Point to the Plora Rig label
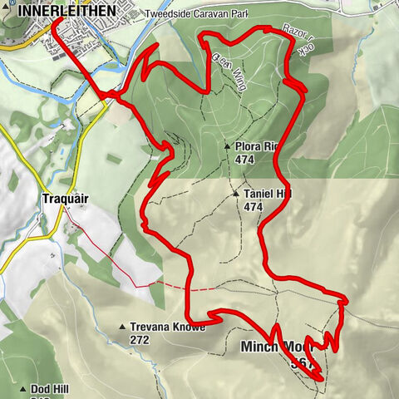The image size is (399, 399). click(255, 146)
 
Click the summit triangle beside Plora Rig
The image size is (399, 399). click(227, 146)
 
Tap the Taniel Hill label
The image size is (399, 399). click(268, 195)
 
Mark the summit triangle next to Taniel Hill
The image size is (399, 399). click(236, 195)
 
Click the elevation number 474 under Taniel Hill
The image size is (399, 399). click(254, 207)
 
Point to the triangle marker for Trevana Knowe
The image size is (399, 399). click(123, 327)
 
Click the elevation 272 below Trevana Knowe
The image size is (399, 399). click(140, 339)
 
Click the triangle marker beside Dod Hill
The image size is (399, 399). click(23, 388)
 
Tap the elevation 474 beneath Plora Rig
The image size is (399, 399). click(244, 159)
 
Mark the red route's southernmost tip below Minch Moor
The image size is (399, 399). click(318, 379)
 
